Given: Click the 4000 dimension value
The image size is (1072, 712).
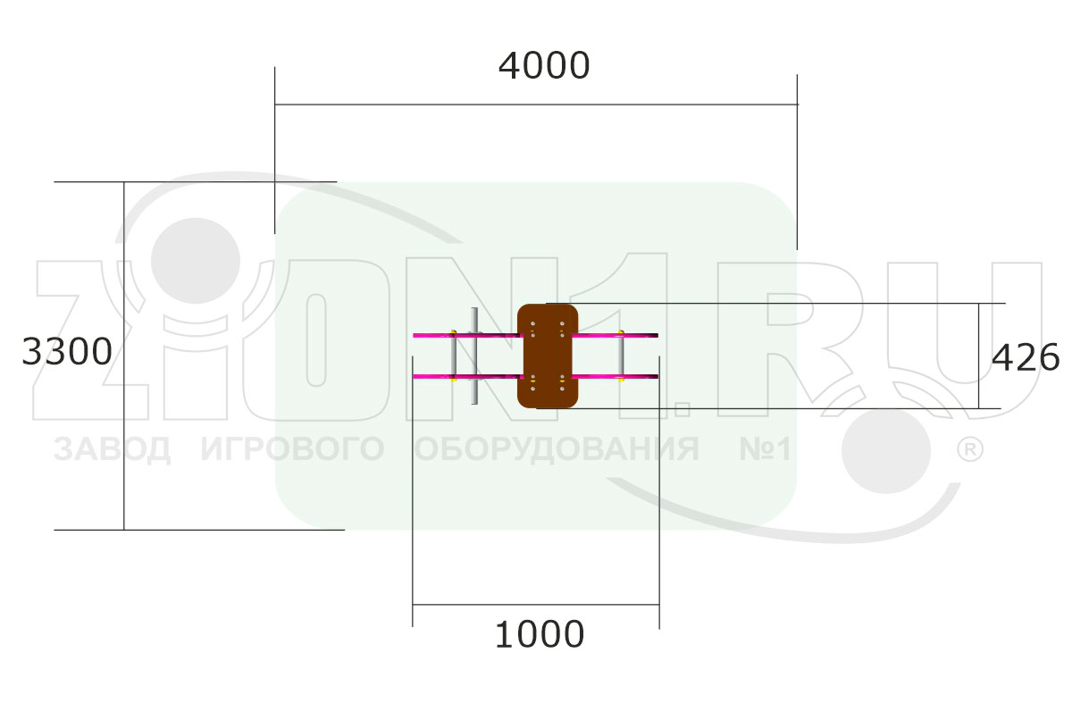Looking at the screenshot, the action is pyautogui.click(x=544, y=65).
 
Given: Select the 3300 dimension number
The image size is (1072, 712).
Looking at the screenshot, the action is pyautogui.click(x=67, y=352).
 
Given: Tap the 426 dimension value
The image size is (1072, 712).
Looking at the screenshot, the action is pyautogui.click(x=1026, y=357).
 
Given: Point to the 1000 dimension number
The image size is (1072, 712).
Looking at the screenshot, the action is pyautogui.click(x=540, y=634).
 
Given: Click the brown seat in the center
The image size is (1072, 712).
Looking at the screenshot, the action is pyautogui.click(x=548, y=356).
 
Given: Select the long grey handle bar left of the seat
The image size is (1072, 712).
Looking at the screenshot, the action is pyautogui.click(x=474, y=356).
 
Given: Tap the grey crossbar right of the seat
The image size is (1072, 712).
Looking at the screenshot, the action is pyautogui.click(x=621, y=356).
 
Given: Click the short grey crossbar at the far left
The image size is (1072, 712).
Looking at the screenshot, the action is pyautogui.click(x=453, y=356).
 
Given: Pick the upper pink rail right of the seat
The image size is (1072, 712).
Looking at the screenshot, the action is pyautogui.click(x=615, y=335).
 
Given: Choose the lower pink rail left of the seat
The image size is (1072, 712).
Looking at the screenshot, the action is pyautogui.click(x=467, y=377).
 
